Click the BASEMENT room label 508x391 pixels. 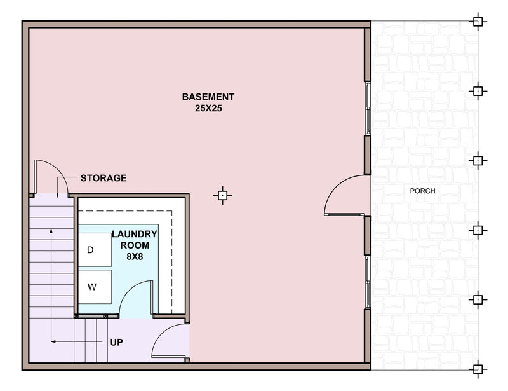coord(208,97)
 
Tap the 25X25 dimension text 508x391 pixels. coord(208,108)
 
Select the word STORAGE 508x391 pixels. coord(104,178)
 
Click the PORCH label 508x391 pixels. coord(422,191)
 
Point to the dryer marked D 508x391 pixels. coord(95,249)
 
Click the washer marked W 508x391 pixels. coord(95,287)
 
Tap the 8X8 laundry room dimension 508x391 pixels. coord(135,257)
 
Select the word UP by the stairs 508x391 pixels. coord(117,342)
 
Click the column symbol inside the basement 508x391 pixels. coord(223,196)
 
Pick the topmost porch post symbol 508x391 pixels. coord(478,22)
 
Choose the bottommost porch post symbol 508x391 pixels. coord(478,369)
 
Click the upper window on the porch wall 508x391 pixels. coord(368,108)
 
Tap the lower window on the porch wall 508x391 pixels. coord(368,282)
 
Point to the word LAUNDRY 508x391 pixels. coord(135,234)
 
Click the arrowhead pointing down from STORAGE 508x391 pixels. coord(57,195)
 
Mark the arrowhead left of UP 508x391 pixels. coord(53,341)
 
